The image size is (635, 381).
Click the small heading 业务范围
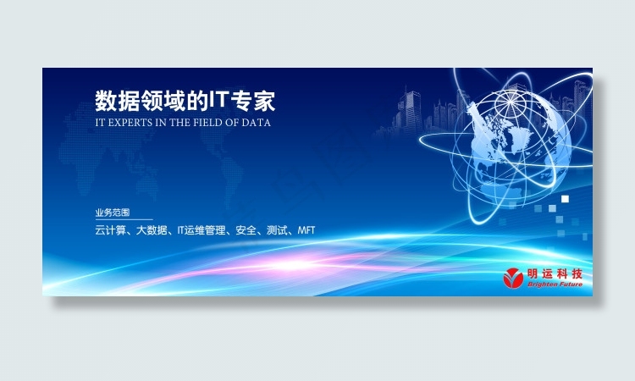(x=113, y=213)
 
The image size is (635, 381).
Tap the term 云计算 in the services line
(x=110, y=230)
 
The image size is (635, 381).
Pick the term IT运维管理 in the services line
(x=203, y=230)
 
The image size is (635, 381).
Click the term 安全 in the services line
(x=246, y=230)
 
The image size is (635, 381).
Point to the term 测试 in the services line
(x=277, y=230)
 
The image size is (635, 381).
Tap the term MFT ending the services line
(x=306, y=230)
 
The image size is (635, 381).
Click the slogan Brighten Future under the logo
(x=555, y=285)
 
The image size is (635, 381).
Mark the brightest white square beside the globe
(x=565, y=198)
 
